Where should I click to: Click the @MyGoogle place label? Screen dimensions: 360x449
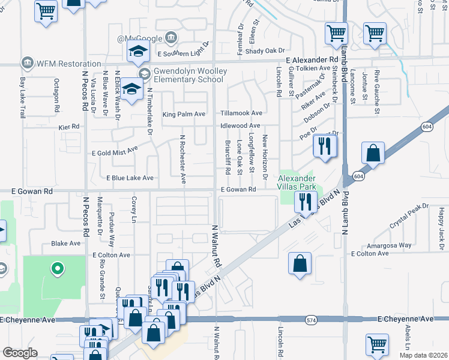tap(140, 38)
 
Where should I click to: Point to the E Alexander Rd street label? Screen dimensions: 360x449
tap(312, 61)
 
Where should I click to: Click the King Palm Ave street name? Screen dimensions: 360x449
tap(184, 113)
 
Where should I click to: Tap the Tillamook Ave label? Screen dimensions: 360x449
tap(241, 113)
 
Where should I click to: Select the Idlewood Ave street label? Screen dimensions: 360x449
tap(240, 125)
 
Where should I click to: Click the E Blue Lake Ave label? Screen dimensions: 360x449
tap(130, 178)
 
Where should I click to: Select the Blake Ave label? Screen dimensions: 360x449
tap(66, 244)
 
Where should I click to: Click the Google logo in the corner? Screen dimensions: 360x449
tap(20, 353)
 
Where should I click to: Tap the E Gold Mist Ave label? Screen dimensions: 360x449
tap(115, 151)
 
